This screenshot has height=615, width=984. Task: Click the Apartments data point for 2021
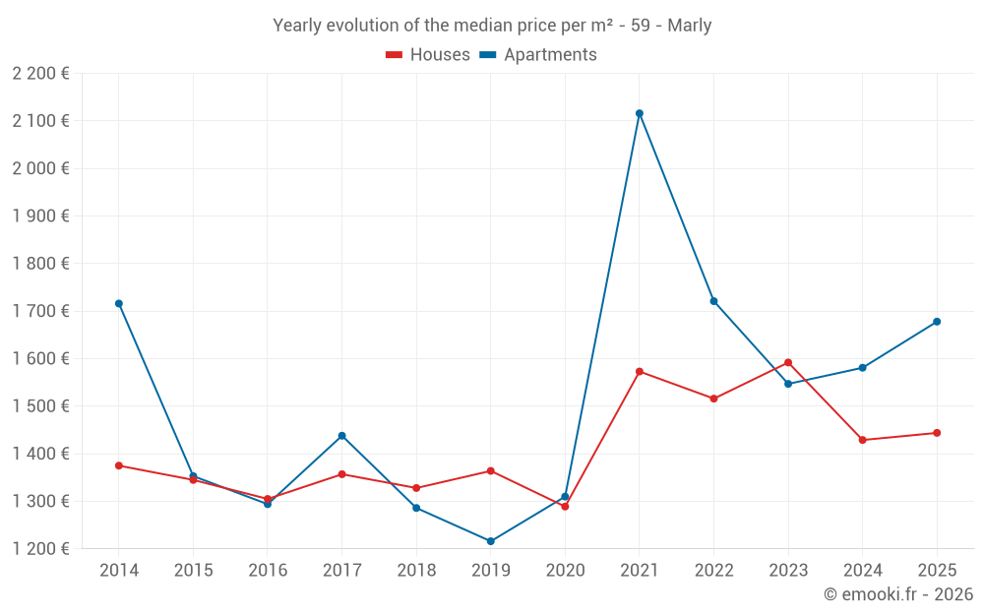640,113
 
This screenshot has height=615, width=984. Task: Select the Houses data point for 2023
788,362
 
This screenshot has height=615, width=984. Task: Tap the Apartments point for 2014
119,303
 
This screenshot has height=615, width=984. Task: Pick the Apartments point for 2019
491,541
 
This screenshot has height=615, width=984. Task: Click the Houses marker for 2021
640,372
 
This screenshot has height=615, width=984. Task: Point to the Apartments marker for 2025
937,322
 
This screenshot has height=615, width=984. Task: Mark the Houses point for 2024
863,440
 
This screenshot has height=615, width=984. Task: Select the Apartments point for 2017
342,435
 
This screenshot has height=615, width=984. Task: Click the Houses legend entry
428,55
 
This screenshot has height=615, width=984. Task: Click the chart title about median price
492,26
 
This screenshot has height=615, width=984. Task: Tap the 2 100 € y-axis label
41,121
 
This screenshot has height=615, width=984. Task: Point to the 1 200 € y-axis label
41,549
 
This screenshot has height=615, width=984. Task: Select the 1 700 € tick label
41,311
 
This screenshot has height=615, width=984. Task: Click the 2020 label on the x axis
565,571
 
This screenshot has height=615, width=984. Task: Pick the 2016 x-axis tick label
268,571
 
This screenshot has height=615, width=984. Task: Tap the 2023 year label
788,571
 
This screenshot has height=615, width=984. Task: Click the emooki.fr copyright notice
898,594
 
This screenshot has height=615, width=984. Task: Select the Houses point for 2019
491,471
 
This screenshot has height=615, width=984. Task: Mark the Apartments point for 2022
714,301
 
